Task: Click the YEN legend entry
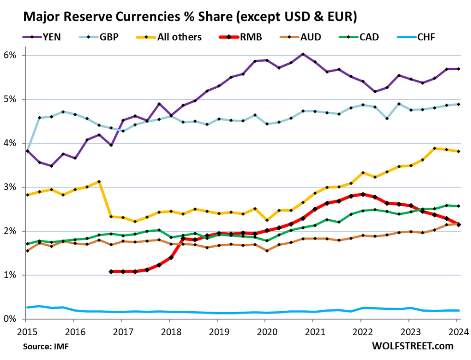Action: [x=48, y=37]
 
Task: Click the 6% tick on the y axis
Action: [x=10, y=56]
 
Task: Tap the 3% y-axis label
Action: [x=10, y=187]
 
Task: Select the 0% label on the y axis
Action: [x=10, y=319]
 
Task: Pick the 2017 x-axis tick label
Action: [x=122, y=331]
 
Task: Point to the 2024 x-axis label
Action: [x=459, y=331]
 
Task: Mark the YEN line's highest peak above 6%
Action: [x=303, y=54]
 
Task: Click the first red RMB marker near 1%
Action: [x=111, y=272]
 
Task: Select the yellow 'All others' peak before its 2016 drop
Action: [x=99, y=182]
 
